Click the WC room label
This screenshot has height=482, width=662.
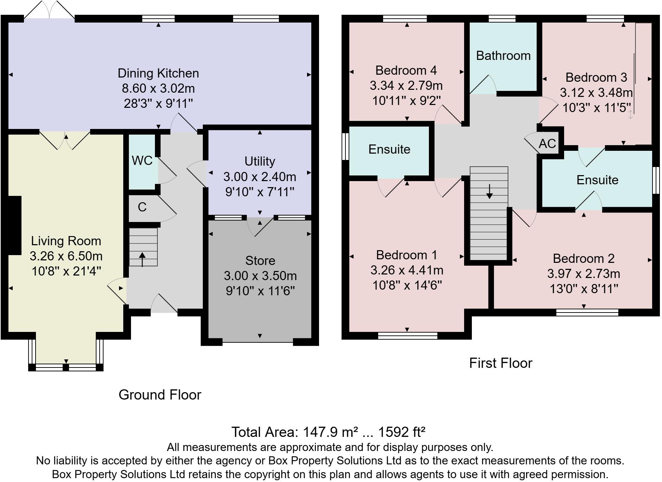click(x=142, y=161)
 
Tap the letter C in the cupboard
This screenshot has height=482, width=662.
click(x=142, y=207)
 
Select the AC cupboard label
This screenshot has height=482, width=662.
click(x=547, y=143)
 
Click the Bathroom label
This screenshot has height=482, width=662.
click(x=503, y=56)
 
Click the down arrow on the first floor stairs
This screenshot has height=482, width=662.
click(x=489, y=191)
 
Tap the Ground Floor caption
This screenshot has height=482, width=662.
click(x=160, y=395)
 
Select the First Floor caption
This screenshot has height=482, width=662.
click(x=501, y=363)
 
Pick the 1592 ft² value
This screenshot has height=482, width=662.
click(x=402, y=432)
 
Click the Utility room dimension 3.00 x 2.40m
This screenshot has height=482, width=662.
click(x=260, y=177)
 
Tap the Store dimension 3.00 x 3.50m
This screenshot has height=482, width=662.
click(x=260, y=276)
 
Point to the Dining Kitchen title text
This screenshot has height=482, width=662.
click(x=158, y=73)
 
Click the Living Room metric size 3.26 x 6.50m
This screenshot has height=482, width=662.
click(x=66, y=256)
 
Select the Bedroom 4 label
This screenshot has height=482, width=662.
click(x=406, y=70)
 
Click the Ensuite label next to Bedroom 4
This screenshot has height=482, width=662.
click(x=389, y=149)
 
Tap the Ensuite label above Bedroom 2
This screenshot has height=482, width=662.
click(x=598, y=180)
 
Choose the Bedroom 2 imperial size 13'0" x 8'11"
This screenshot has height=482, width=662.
click(x=584, y=289)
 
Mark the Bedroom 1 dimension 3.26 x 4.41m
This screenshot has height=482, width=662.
click(x=407, y=270)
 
